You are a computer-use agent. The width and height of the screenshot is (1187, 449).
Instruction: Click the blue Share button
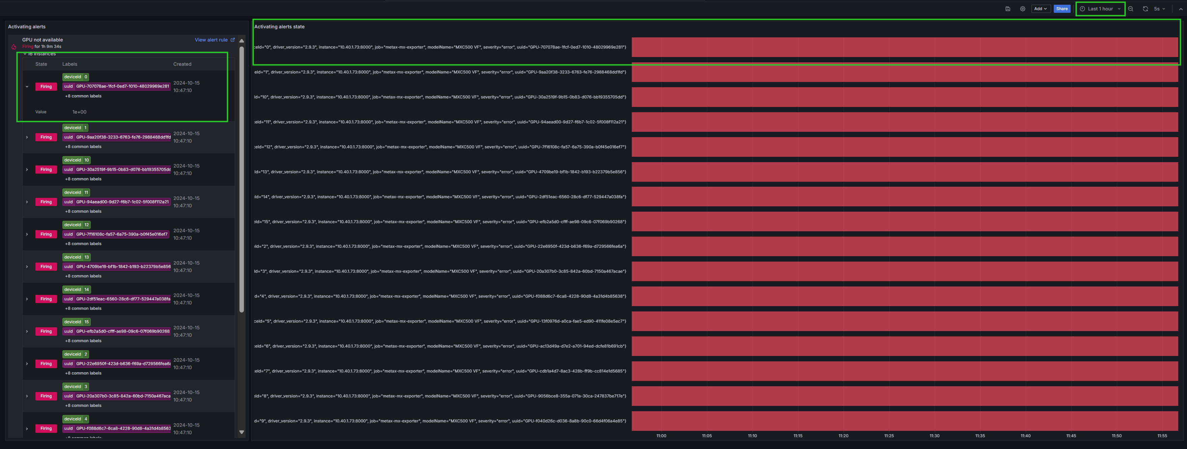pos(1062,9)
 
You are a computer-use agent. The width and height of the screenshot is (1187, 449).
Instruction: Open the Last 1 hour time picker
pos(1100,9)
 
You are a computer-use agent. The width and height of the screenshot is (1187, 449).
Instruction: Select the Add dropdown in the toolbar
pos(1040,9)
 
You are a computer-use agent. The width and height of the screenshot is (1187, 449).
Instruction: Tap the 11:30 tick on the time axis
pos(934,436)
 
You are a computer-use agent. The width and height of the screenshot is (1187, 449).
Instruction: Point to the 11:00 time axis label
pos(661,436)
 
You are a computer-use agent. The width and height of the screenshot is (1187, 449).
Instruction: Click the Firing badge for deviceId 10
pos(46,170)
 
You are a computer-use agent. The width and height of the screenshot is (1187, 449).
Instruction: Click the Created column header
pos(182,64)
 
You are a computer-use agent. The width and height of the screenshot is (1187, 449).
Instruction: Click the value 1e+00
pos(79,112)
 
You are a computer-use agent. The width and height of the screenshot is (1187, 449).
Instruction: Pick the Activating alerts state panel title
pos(279,27)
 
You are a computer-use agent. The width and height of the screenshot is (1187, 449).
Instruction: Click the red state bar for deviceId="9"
pos(904,421)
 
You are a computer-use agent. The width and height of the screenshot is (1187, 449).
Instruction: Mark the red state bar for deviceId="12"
pos(904,147)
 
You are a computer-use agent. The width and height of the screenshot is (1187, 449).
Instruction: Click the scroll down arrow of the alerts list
pos(242,432)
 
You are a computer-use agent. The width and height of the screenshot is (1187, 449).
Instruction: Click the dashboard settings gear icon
pos(1022,9)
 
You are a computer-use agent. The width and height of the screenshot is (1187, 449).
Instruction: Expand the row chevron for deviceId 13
pos(27,267)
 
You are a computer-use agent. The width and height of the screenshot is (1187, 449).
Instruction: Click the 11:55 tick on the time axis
pos(1162,436)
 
